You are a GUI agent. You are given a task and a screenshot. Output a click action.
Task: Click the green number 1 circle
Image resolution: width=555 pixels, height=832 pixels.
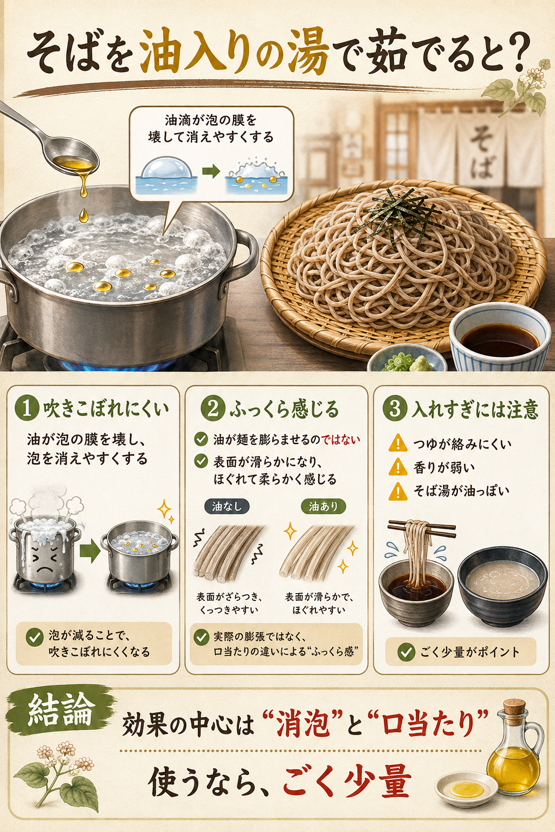click(27, 408)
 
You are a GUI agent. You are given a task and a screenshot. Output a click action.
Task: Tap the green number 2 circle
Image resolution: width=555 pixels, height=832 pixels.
click(213, 408)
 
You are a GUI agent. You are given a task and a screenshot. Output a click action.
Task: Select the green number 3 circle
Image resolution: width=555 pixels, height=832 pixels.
click(395, 408)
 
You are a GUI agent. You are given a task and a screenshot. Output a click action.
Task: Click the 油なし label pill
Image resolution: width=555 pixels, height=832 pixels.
click(227, 506)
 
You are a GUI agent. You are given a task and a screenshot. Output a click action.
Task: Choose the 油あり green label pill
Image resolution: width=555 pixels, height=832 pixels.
click(323, 506)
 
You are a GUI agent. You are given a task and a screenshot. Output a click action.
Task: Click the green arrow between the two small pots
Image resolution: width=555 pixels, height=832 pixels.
click(89, 551)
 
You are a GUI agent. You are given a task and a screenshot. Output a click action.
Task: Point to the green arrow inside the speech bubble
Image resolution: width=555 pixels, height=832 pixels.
click(211, 172)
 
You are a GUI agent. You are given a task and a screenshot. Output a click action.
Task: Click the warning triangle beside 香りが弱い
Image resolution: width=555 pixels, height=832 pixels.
click(398, 467)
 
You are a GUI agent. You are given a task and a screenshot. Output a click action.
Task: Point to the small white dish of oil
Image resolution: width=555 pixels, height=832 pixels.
click(466, 789)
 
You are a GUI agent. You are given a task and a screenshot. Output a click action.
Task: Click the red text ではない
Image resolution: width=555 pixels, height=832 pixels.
click(341, 439)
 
